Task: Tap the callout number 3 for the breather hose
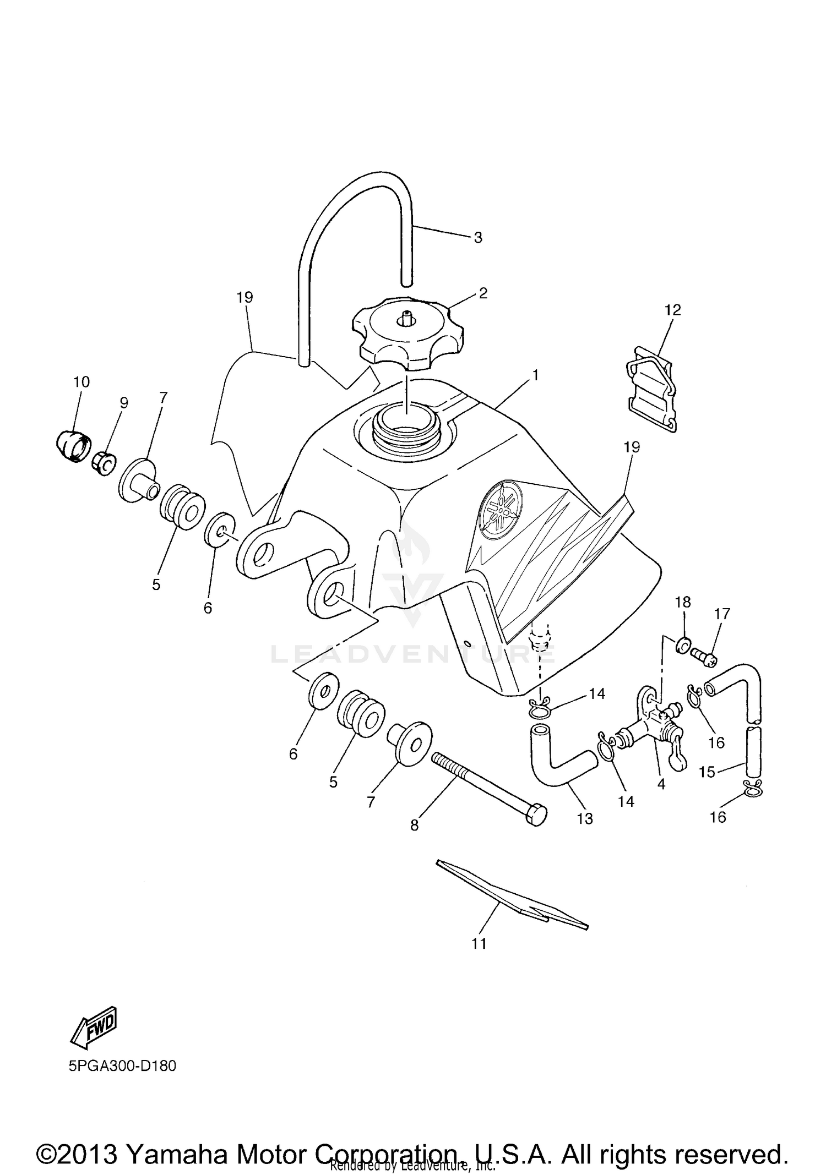tap(478, 238)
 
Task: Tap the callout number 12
tap(673, 310)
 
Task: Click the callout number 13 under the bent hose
tap(585, 818)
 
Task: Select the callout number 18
tap(683, 602)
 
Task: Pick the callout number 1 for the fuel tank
tap(535, 375)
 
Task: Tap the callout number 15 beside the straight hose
tap(707, 772)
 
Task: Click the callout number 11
tap(479, 943)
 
